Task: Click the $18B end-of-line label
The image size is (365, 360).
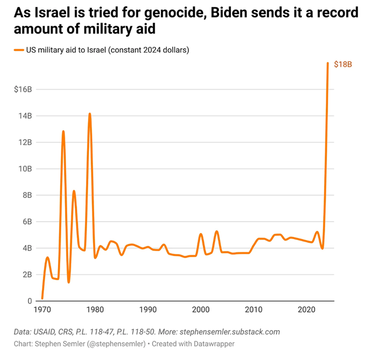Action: (x=343, y=64)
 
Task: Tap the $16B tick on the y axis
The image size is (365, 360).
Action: (x=23, y=89)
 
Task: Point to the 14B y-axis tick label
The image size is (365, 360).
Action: (x=25, y=116)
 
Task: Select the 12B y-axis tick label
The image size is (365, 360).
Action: (x=25, y=142)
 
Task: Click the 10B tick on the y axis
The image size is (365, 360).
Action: (x=25, y=169)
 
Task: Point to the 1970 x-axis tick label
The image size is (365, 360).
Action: (x=42, y=309)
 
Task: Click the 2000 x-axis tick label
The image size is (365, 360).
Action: (x=201, y=309)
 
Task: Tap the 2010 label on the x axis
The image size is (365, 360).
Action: (x=254, y=309)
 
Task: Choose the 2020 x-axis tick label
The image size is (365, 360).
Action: (x=307, y=309)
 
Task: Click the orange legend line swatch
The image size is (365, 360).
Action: (x=18, y=50)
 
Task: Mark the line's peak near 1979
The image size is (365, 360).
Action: (x=89, y=114)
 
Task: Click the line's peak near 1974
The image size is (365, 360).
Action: (x=63, y=132)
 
